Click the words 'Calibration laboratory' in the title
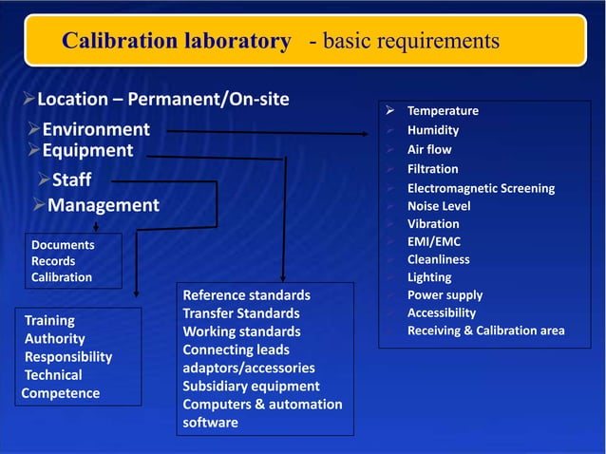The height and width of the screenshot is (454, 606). [x=176, y=41]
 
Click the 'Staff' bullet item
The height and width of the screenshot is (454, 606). [x=71, y=180]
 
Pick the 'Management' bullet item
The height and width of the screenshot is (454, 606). [x=103, y=205]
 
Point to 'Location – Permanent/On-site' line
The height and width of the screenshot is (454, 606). [x=162, y=99]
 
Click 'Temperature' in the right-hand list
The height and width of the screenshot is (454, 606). [x=443, y=111]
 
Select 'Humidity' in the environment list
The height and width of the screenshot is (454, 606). [x=433, y=130]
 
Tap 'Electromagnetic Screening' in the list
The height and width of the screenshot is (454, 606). [x=481, y=188]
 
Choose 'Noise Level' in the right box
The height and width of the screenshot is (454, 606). [x=439, y=206]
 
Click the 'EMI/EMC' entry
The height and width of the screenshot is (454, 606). [x=434, y=241]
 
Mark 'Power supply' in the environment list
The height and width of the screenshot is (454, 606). [x=445, y=294]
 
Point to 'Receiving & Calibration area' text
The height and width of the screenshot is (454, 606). [x=485, y=331]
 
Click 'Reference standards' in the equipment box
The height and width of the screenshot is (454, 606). [x=246, y=295]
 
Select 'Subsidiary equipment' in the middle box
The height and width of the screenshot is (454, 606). [x=251, y=386]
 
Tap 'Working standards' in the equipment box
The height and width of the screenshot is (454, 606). [x=241, y=331]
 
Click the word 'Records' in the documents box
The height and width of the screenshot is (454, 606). [x=53, y=261]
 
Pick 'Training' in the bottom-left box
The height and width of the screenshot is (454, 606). [x=49, y=321]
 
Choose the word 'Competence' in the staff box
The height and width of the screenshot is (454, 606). [x=61, y=393]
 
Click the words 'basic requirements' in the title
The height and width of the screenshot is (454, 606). [x=414, y=41]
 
